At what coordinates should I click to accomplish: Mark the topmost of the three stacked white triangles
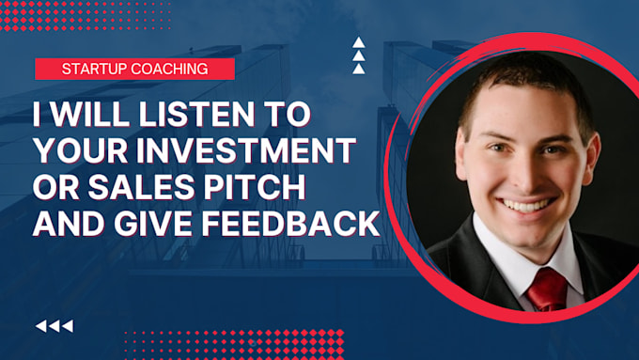coord(358,42)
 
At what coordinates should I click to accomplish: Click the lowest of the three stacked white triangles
coord(358,68)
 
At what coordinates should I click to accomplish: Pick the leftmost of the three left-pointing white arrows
coord(40,326)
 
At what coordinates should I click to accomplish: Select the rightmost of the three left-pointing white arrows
coord(67,326)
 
